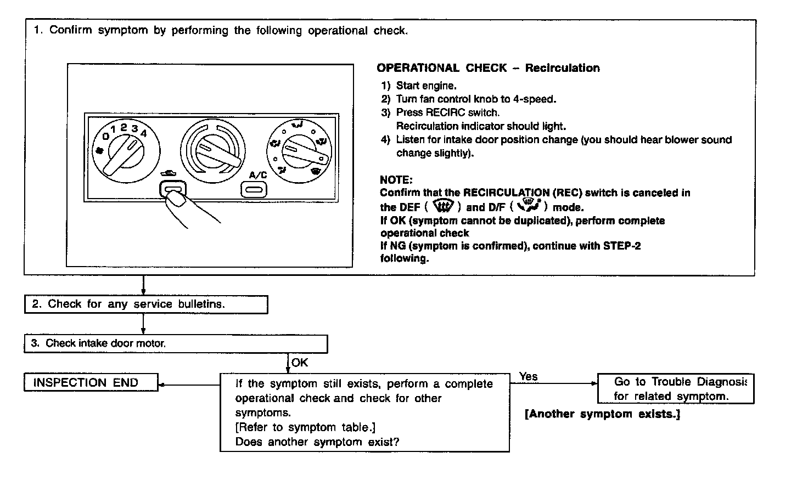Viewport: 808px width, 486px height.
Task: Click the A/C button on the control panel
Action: tap(254, 190)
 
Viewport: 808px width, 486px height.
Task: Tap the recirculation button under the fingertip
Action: tap(172, 190)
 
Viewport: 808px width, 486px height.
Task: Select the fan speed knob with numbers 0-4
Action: tap(126, 151)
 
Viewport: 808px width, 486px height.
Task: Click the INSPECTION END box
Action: tap(91, 383)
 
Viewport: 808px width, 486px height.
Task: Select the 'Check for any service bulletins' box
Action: tap(146, 304)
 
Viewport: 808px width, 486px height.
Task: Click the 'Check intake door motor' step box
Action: tap(176, 344)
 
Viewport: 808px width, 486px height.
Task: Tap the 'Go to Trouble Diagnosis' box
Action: tap(675, 388)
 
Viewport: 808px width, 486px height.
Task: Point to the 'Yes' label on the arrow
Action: tap(529, 376)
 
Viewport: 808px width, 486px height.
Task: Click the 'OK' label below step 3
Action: tap(300, 363)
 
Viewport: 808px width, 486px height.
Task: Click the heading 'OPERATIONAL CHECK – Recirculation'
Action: tap(488, 68)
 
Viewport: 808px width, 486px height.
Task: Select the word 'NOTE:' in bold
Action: tap(396, 180)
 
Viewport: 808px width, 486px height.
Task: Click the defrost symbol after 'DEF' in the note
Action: tap(444, 207)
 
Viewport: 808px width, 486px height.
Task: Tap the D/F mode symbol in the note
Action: tap(529, 206)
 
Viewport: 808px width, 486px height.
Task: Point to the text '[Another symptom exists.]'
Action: tap(603, 414)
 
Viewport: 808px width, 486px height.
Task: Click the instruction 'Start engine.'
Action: tap(426, 86)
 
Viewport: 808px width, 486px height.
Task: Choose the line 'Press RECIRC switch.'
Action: tap(447, 112)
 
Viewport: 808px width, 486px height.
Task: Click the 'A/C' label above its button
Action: tap(258, 175)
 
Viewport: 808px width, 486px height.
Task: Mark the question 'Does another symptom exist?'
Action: tap(317, 442)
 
